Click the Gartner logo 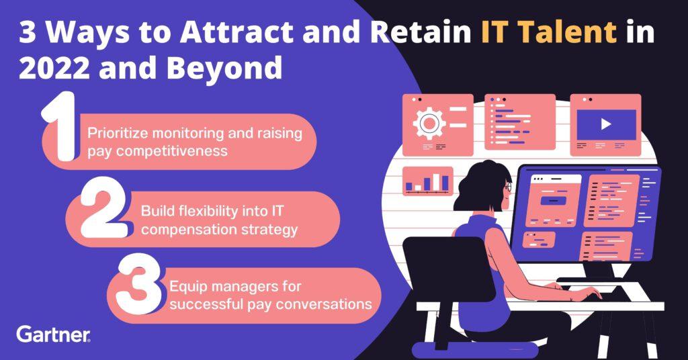tap(54, 334)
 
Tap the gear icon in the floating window tap(429, 124)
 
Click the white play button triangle tap(606, 124)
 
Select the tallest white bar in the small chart tap(436, 181)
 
